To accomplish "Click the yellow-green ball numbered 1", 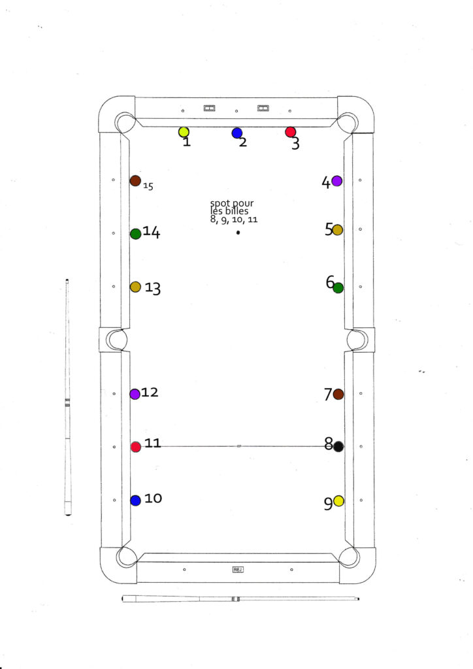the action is pos(184,132).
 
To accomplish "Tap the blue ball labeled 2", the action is pos(237,133).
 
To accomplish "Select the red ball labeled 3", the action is pos(291,132).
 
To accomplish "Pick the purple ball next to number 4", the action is pos(337,181).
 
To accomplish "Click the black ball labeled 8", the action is pos(338,447).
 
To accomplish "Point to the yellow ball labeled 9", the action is pos(338,501).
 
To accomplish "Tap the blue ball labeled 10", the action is pos(136,500).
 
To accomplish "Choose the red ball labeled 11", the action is pos(136,447).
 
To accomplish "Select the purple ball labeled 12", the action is pos(135,394).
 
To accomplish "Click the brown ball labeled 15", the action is pos(135,180).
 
